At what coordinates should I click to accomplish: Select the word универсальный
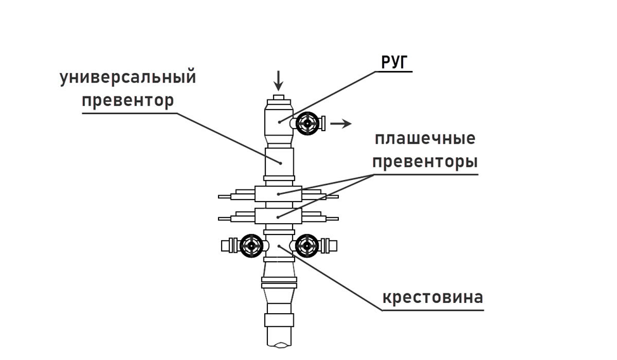click(128, 78)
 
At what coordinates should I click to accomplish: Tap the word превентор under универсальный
click(128, 100)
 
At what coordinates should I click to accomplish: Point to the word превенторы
click(424, 161)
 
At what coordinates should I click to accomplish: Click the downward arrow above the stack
click(277, 80)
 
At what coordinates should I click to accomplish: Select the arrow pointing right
click(341, 123)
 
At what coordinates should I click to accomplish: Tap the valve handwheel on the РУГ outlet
click(309, 122)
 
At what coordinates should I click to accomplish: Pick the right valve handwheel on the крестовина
click(307, 245)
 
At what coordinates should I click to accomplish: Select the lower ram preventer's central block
click(279, 215)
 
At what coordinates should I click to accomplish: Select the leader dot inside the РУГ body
click(279, 120)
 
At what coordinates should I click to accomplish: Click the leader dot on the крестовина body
click(279, 243)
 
